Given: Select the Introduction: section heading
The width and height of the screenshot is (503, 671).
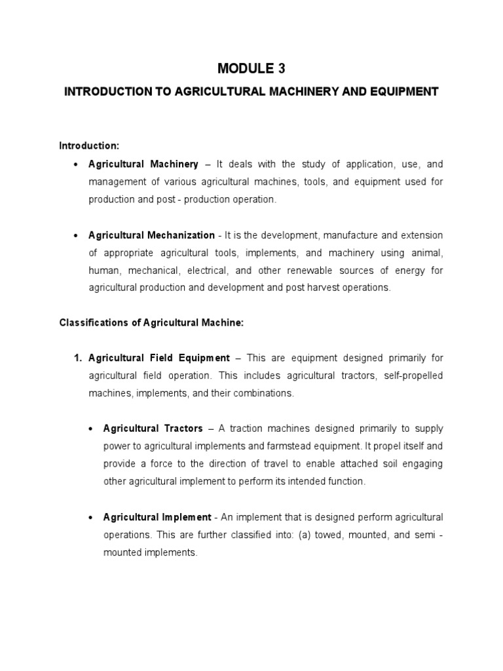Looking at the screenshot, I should click(89, 145).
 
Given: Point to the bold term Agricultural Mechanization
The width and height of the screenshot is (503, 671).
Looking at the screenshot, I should click(151, 235).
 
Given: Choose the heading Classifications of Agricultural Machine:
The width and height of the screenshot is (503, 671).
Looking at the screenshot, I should click(151, 322).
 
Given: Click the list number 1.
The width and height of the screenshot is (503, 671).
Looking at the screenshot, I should click(77, 358).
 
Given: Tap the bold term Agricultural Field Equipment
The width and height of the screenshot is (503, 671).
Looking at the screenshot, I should click(159, 358).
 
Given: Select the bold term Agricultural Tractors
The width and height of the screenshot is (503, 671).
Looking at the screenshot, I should click(153, 429).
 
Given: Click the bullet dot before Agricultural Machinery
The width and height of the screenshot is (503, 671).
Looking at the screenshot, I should click(77, 164).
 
